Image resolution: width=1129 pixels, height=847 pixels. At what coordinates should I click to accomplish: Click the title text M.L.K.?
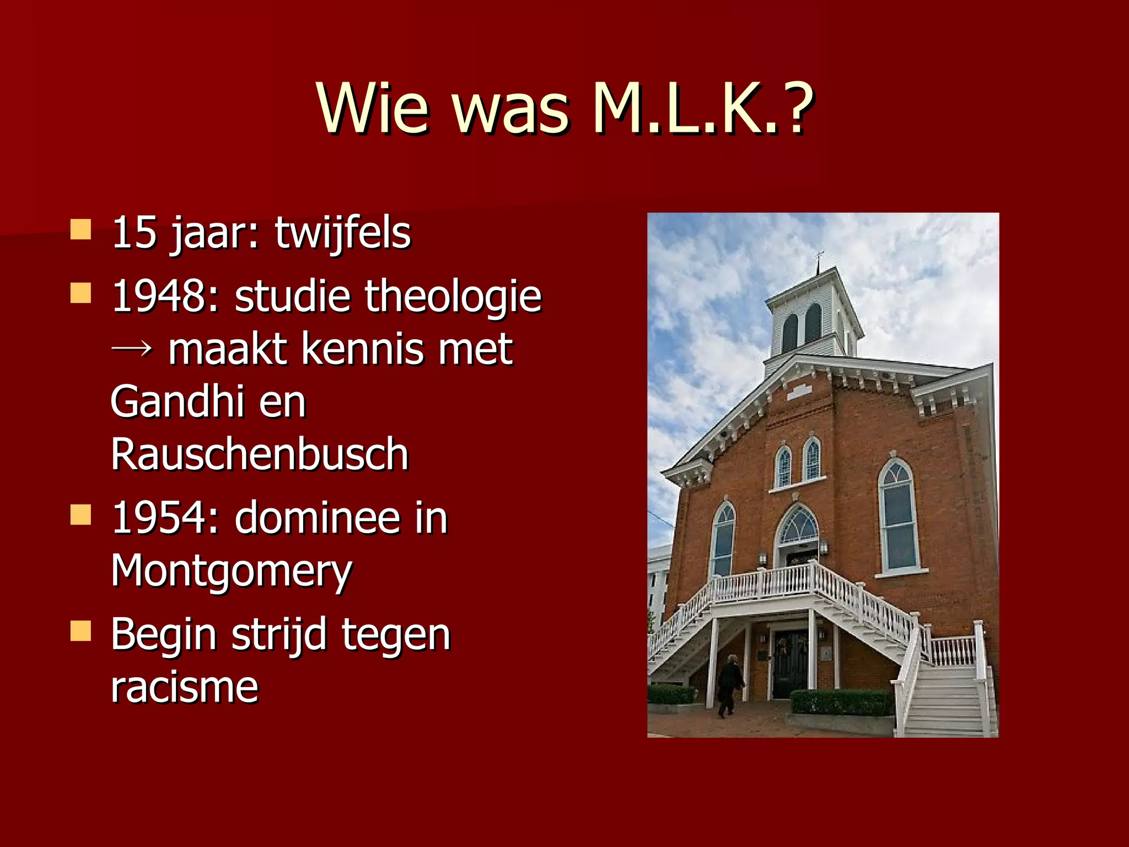[x=703, y=109]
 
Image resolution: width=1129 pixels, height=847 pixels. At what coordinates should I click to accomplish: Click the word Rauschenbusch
[x=260, y=454]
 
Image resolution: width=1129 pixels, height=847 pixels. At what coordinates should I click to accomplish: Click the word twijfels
[x=343, y=233]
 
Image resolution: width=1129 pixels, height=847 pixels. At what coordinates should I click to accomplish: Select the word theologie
[x=453, y=296]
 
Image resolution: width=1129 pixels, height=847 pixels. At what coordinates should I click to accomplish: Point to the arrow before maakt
[x=132, y=349]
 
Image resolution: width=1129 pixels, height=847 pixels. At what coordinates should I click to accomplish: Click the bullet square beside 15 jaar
[x=80, y=230]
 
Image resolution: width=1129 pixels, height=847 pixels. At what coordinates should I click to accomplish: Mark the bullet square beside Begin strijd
[x=80, y=631]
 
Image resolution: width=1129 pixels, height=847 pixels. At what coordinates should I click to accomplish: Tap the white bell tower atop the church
[x=814, y=317]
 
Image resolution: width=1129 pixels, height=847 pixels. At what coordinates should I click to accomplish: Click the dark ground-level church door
[x=789, y=664]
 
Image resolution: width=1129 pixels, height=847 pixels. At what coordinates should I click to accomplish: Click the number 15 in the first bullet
[x=135, y=233]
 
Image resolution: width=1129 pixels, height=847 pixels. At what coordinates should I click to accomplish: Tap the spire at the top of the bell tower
[x=819, y=261]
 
